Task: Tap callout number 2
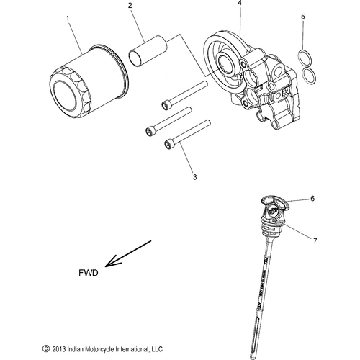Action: [130, 6]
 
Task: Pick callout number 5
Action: [303, 15]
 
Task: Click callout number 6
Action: [313, 198]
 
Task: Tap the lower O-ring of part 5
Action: [308, 74]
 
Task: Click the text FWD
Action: [89, 274]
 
